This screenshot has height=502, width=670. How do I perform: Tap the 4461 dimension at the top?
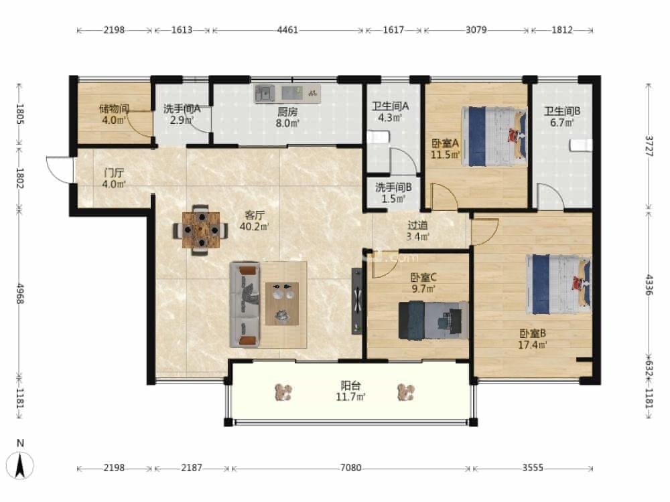287,30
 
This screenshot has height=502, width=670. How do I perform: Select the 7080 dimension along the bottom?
350,468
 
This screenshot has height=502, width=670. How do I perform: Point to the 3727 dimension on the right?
649,146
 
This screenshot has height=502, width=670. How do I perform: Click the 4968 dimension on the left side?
19,293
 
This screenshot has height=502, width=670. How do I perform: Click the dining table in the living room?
201,230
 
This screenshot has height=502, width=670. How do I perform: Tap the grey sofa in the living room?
245,305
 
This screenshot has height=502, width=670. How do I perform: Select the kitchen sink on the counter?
265,93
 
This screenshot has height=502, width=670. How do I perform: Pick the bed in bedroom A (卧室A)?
494,137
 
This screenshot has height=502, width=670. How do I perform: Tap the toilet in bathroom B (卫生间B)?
581,145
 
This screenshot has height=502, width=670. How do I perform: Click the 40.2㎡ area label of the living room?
255,226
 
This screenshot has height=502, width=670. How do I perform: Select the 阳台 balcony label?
350,386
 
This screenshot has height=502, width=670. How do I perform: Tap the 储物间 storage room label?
114,109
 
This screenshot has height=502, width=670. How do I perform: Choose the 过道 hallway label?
417,225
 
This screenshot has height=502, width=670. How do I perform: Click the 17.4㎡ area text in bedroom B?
533,345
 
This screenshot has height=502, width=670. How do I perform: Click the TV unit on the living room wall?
357,301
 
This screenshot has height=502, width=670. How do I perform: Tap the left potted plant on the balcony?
283,392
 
